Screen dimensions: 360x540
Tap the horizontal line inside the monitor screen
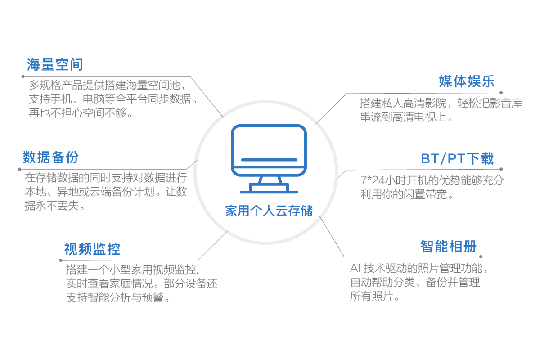pyautogui.click(x=269, y=159)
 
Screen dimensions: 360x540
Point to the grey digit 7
pyautogui.click(x=364, y=180)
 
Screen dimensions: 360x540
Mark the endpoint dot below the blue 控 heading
pyautogui.click(x=60, y=260)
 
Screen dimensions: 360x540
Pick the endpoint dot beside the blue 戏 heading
pyautogui.click(x=502, y=170)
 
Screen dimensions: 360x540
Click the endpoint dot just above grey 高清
pyautogui.click(x=481, y=256)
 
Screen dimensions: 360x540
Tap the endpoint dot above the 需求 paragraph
pyautogui.click(x=501, y=93)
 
